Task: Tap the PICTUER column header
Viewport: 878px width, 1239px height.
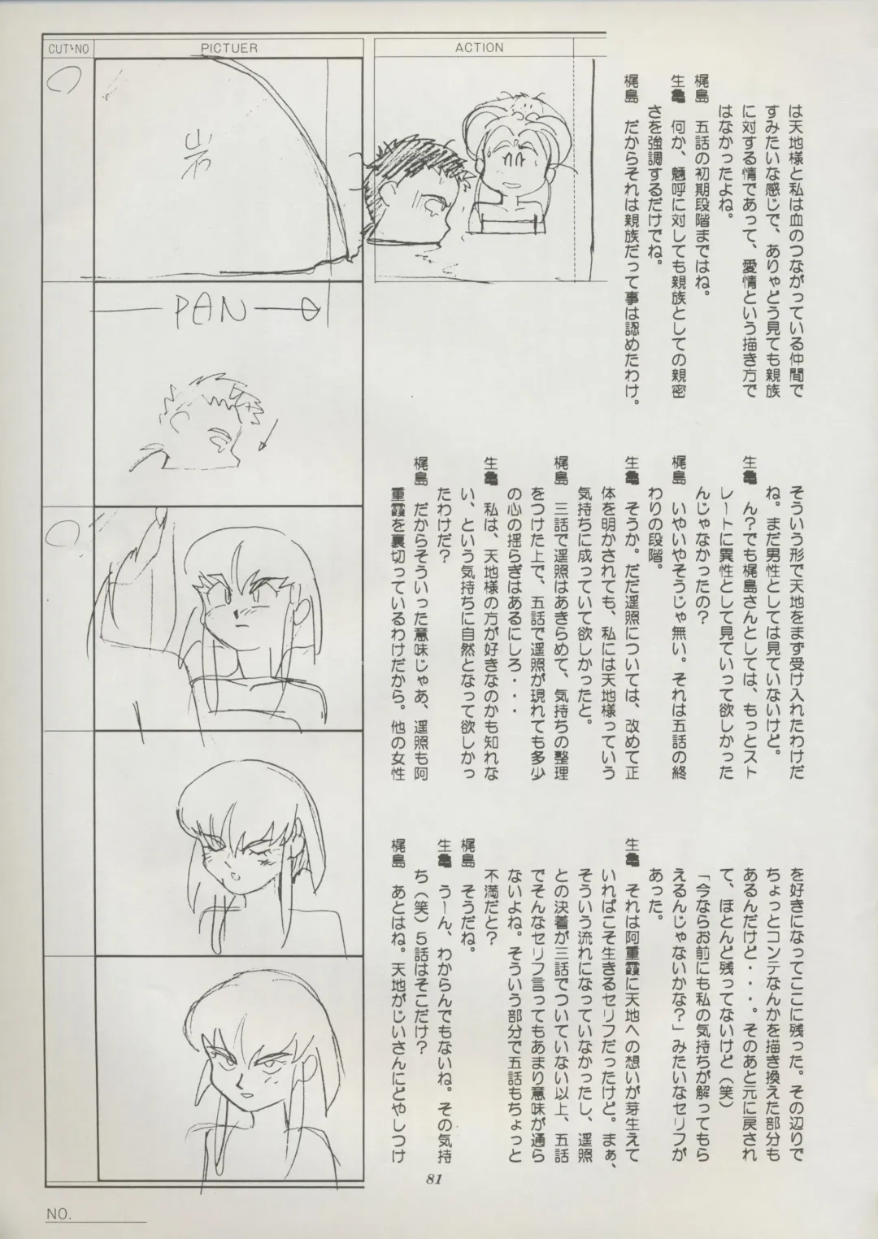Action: pyautogui.click(x=229, y=49)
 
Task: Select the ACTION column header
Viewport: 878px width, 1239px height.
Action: pyautogui.click(x=480, y=48)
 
